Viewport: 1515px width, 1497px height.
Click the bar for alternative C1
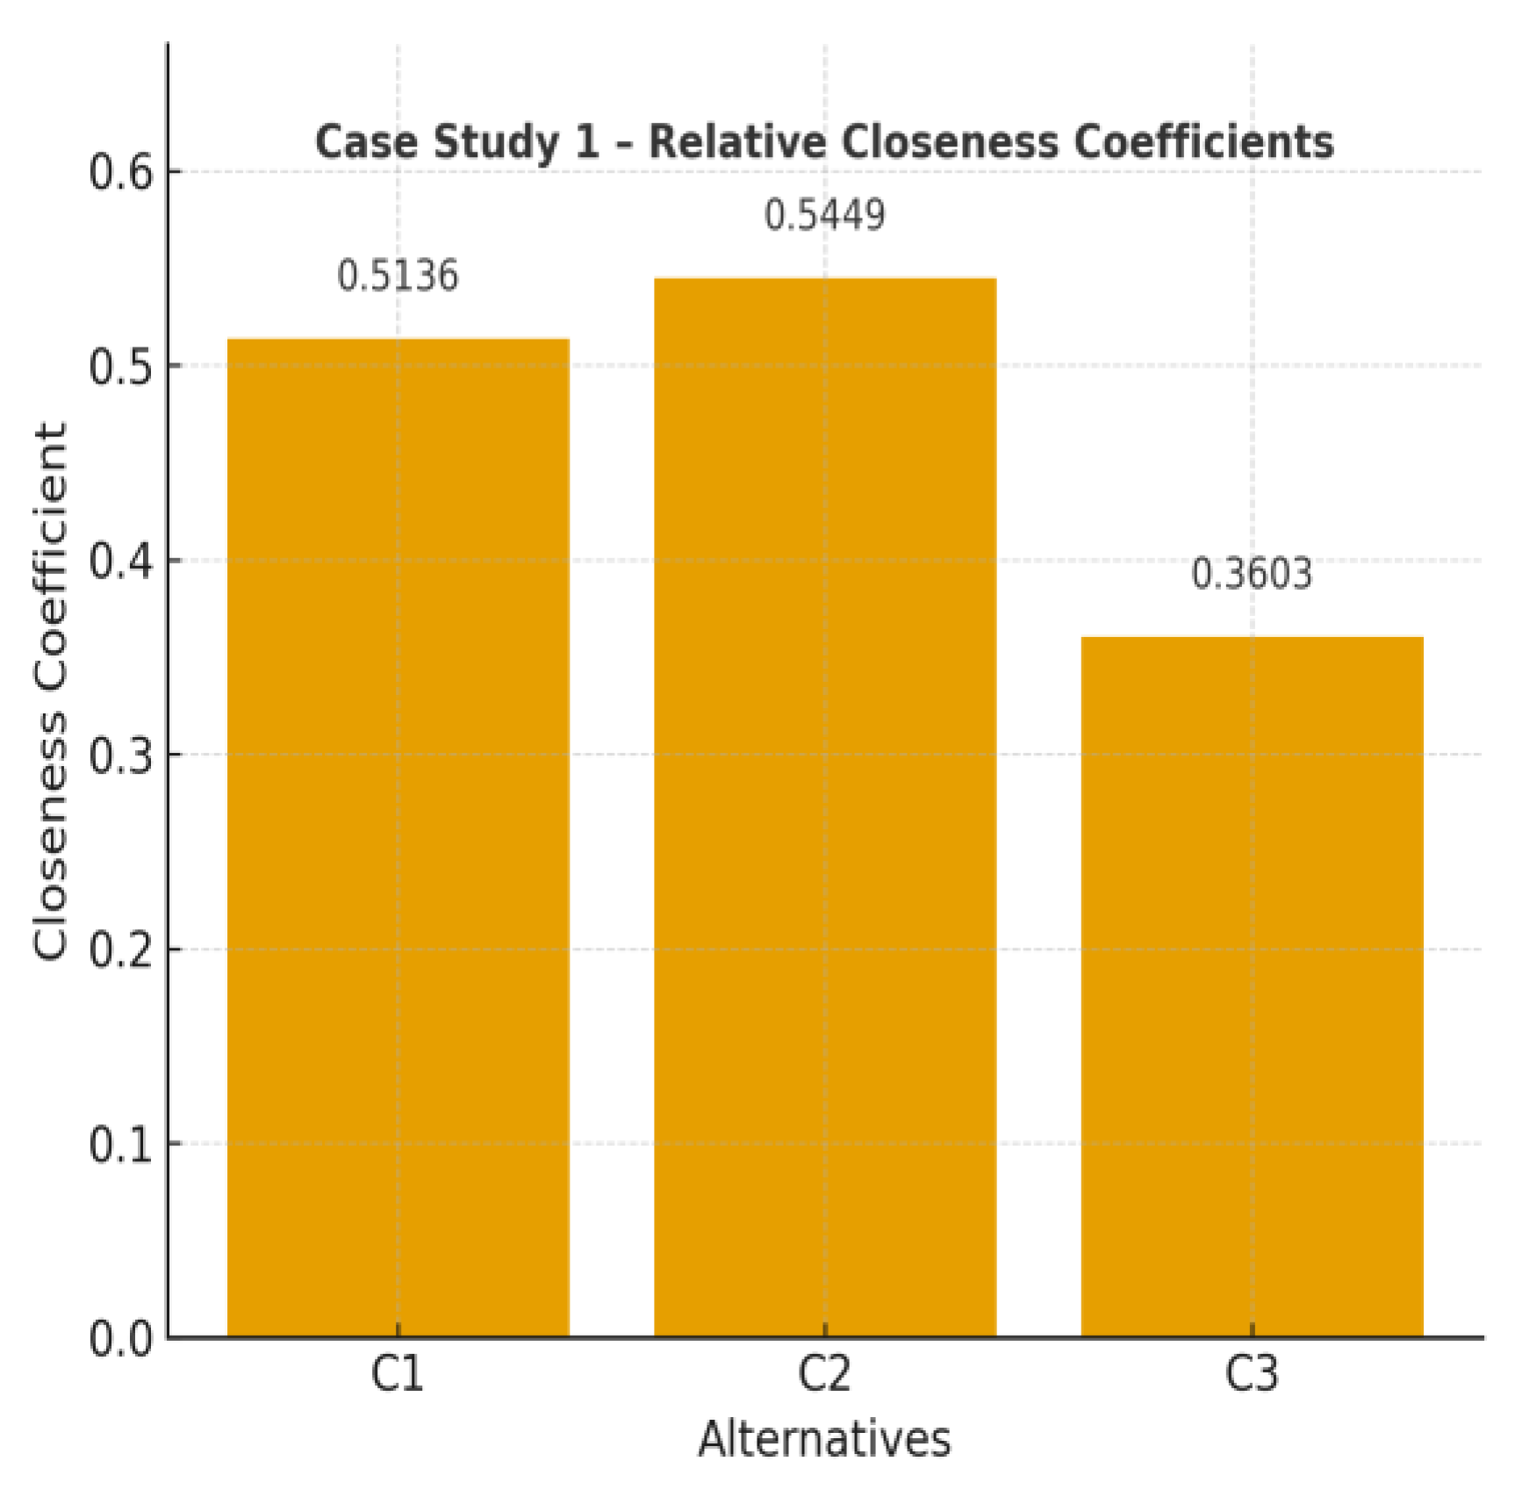click(398, 837)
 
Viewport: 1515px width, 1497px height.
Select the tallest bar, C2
click(824, 807)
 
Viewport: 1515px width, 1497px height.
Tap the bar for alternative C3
click(1251, 986)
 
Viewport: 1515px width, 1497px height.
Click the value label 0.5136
click(398, 276)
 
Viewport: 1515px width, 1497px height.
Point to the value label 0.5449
click(824, 215)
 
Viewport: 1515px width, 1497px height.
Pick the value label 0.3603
click(1251, 574)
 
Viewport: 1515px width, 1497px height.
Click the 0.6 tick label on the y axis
click(120, 172)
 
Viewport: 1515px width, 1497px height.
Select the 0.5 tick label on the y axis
click(120, 366)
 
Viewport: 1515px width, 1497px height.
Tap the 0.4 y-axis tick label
click(120, 561)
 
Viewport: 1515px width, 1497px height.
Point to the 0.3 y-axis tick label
click(120, 755)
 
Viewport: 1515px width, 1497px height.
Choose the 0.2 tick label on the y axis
click(120, 949)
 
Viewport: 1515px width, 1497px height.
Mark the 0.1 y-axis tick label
click(120, 1144)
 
